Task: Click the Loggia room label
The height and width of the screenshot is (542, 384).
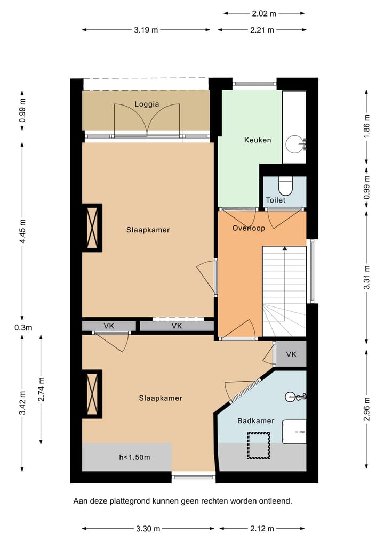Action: (147, 104)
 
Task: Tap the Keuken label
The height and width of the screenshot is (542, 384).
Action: (258, 140)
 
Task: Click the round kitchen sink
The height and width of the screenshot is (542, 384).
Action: (294, 143)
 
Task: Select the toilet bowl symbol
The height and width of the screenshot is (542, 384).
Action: (286, 187)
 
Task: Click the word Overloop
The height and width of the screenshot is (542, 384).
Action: (249, 228)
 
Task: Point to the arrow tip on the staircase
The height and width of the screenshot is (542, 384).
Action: (285, 248)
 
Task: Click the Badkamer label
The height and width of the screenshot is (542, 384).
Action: (255, 420)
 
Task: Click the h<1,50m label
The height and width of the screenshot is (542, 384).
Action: (134, 457)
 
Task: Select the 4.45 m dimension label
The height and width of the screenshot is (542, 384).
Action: (22, 232)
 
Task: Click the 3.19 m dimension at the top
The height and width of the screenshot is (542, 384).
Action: (146, 30)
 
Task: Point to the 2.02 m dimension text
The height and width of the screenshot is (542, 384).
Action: (263, 13)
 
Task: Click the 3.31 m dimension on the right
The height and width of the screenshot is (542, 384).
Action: (366, 278)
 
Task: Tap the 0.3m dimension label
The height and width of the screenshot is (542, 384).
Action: (23, 327)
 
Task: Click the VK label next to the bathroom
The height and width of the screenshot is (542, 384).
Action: (291, 354)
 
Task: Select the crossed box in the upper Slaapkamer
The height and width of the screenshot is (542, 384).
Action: (93, 228)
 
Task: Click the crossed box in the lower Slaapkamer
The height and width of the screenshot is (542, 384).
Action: (93, 394)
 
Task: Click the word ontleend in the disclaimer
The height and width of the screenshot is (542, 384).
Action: (276, 501)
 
